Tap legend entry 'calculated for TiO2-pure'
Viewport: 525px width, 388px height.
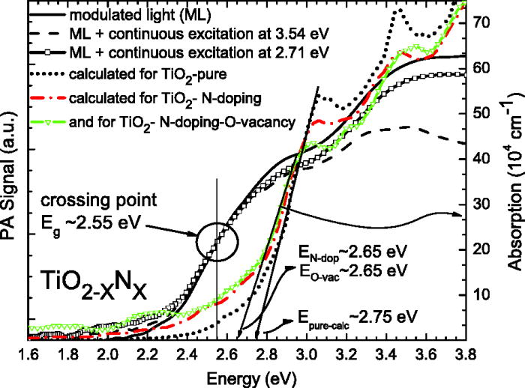coord(145,75)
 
